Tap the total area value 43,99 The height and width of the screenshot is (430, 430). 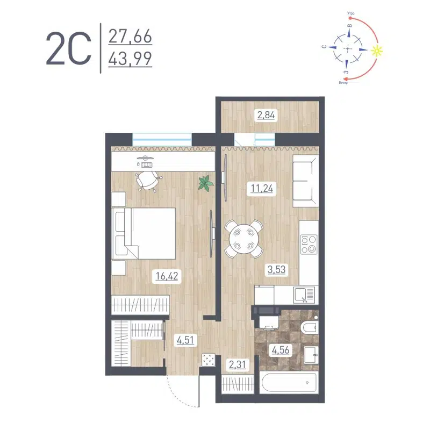(130, 58)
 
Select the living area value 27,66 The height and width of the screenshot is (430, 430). (130, 37)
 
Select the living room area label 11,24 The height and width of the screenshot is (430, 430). (262, 188)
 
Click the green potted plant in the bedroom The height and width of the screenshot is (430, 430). (205, 183)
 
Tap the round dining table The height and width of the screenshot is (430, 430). (243, 239)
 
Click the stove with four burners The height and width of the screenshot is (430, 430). (309, 244)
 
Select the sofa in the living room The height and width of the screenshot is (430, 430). (306, 182)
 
